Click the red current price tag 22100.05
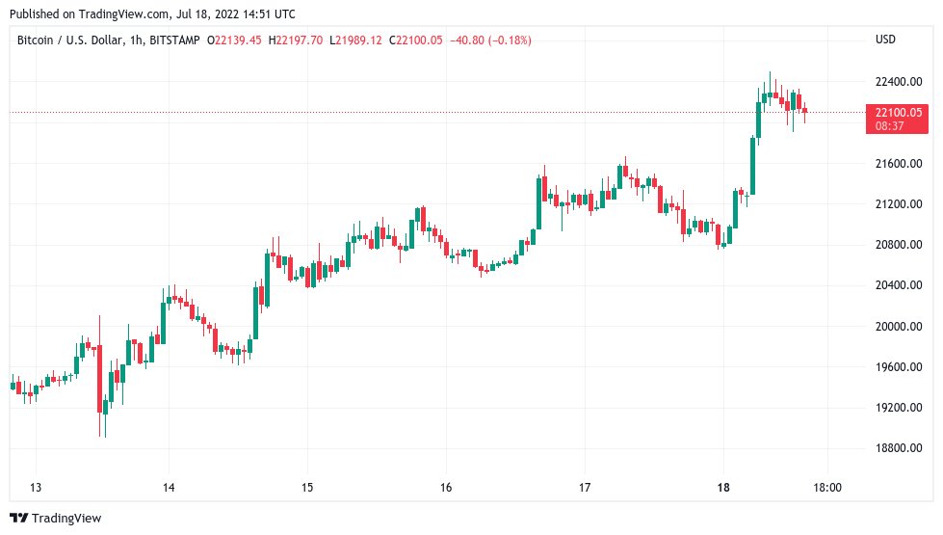coord(896,113)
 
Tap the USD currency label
coord(885,40)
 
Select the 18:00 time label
coord(828,488)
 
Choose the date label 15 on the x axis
coord(306,488)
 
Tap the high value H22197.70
coord(296,40)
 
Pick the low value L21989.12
coord(355,40)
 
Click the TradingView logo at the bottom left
coord(55,519)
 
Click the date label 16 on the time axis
coord(446,488)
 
